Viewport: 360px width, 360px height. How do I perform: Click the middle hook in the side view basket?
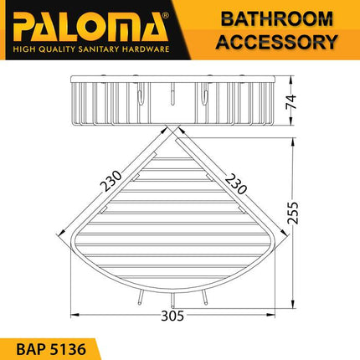[172, 99]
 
